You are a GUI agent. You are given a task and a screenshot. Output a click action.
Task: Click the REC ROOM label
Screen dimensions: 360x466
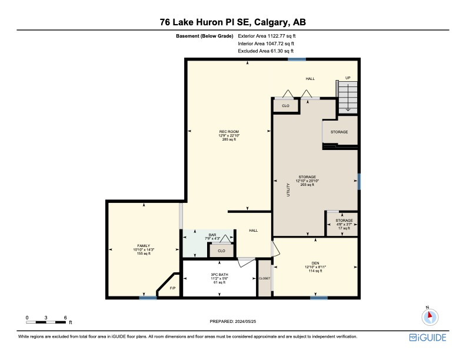pos(229,131)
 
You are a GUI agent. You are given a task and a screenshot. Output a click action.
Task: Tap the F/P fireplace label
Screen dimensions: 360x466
pos(172,288)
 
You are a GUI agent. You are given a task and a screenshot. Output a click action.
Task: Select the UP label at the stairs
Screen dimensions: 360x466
pos(348,78)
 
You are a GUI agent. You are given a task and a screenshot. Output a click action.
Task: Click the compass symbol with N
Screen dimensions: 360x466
pos(430,316)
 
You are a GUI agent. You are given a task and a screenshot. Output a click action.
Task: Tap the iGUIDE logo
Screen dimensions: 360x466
pos(428,338)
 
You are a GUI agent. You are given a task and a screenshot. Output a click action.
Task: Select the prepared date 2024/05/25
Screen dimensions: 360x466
pos(245,321)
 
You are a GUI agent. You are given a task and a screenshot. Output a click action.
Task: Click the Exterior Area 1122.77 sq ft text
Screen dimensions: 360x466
pos(266,36)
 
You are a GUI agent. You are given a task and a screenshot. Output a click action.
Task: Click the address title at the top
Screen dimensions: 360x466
pos(232,22)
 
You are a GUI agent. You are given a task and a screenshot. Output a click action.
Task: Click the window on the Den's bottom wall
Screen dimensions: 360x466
pos(319,298)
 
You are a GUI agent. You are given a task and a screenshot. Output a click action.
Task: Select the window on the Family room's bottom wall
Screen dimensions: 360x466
pos(148,298)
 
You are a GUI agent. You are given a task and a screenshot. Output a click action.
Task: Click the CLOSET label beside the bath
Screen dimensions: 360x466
pos(264,278)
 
